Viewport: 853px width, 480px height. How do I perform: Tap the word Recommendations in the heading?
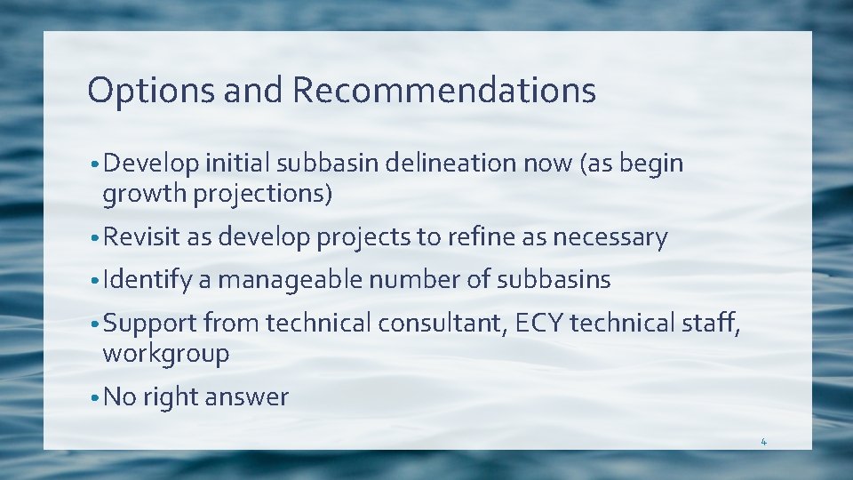pos(443,91)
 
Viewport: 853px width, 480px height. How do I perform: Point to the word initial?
pos(238,164)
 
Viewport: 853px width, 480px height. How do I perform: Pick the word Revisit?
pos(142,237)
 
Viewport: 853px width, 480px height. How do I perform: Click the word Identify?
pos(147,280)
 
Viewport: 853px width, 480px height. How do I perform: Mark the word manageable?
pos(290,280)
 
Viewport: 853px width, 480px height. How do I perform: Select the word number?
pos(414,280)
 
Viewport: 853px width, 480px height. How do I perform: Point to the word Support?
pos(149,324)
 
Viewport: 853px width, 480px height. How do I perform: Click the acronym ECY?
pos(537,324)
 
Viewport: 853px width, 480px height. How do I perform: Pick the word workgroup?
pos(166,353)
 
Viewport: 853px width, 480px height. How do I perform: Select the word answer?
pos(246,396)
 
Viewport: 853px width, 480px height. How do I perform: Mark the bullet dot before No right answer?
pos(94,397)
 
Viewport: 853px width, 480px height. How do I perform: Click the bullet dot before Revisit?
pos(94,238)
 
